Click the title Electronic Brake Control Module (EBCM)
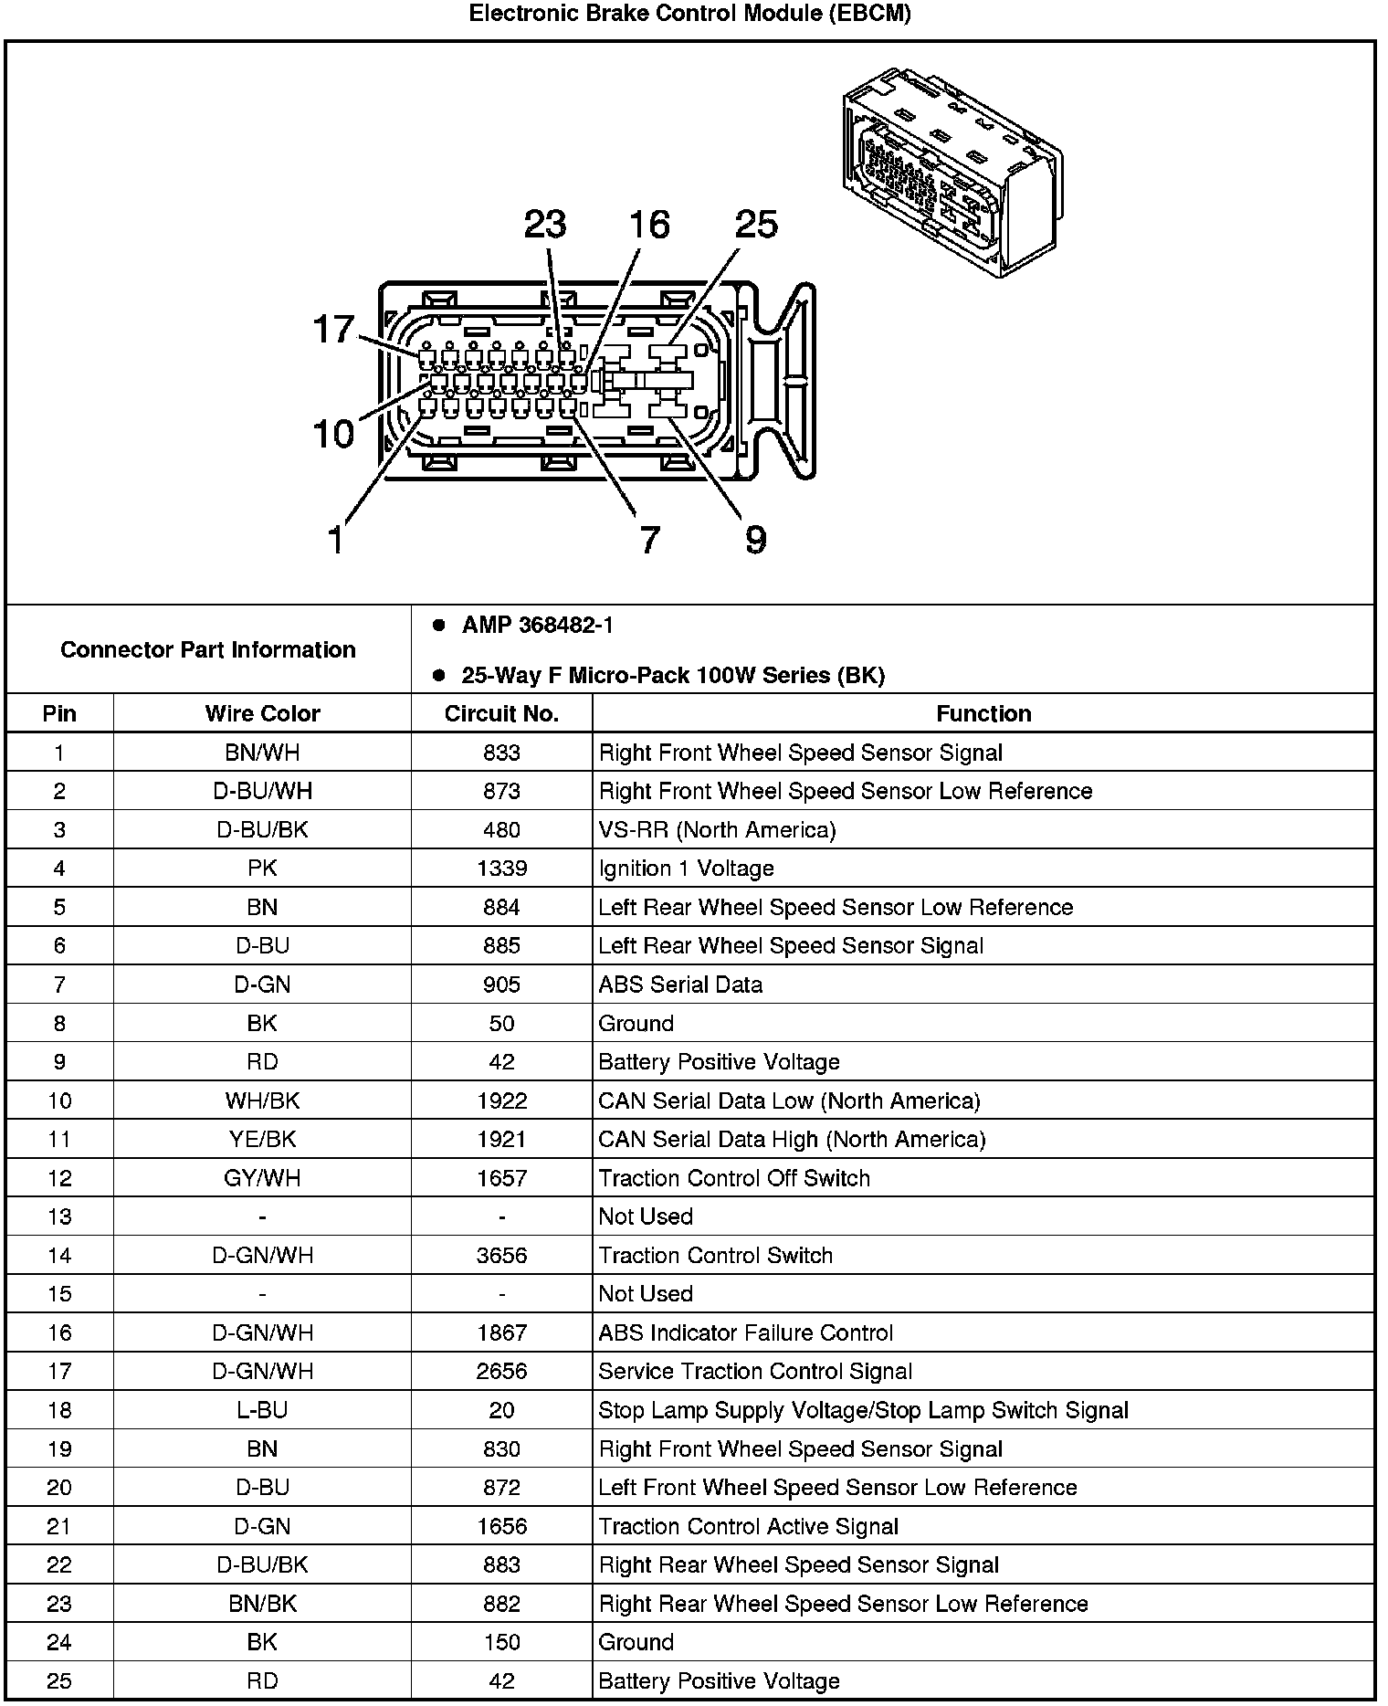689,14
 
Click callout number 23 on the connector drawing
545,225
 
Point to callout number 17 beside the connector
333,329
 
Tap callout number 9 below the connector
755,540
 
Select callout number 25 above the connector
756,225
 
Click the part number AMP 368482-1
537,626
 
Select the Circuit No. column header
501,714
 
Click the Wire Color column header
262,714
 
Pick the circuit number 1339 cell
501,869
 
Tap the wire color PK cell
262,869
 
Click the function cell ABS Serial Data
680,985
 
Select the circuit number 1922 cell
501,1100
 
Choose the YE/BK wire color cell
262,1140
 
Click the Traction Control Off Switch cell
734,1178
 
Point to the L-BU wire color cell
262,1411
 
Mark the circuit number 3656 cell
501,1256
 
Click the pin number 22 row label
59,1565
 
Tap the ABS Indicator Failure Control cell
745,1333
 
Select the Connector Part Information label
208,650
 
